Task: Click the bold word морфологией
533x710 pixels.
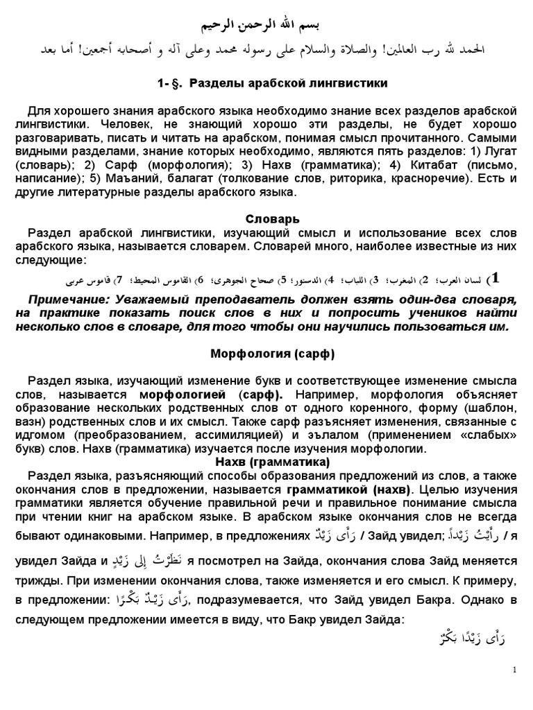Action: tap(187, 394)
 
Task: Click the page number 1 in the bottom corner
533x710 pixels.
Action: tap(515, 670)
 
